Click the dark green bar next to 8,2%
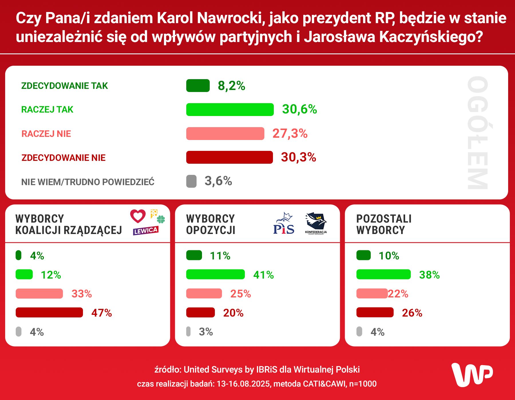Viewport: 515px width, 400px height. [x=198, y=86]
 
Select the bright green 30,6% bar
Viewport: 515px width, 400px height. [x=230, y=110]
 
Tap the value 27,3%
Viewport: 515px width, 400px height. [x=290, y=133]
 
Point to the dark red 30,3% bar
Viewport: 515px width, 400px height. [x=229, y=157]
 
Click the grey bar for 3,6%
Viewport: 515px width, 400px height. [x=191, y=181]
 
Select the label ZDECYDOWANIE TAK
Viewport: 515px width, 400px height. [x=64, y=86]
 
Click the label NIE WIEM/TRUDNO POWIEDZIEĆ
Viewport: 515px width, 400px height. [x=88, y=182]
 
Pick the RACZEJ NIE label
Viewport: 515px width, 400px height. [x=46, y=134]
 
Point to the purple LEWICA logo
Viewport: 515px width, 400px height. [x=145, y=231]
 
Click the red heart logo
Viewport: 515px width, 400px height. [x=138, y=216]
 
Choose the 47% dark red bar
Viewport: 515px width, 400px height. [x=49, y=313]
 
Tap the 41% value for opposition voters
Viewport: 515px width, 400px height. [x=263, y=275]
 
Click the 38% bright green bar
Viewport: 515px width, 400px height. [x=383, y=275]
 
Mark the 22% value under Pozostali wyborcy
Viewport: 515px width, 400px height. [x=398, y=294]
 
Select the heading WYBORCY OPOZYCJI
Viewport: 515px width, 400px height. [x=211, y=225]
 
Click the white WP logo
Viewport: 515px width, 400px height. [x=472, y=375]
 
